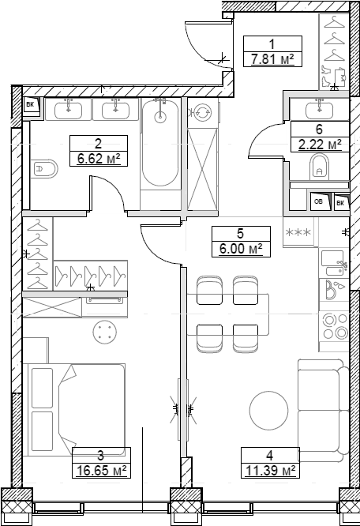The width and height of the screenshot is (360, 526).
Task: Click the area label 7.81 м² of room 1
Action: point(268,58)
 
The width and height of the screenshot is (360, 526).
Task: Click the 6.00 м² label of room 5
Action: point(240,247)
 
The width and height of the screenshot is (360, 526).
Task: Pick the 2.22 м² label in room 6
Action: point(319,144)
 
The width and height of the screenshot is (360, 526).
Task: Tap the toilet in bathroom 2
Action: point(45,168)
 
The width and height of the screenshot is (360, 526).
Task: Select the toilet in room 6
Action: point(319,167)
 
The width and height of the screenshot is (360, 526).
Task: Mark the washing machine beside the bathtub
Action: point(201,113)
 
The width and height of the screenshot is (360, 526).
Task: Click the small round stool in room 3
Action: point(103,331)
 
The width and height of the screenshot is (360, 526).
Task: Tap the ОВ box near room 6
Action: point(319,202)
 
